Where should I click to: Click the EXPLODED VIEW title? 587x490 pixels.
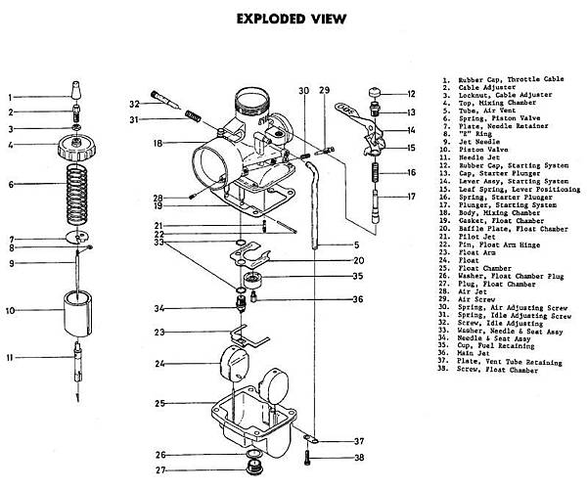click(292, 19)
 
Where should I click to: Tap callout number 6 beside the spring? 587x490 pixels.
click(10, 184)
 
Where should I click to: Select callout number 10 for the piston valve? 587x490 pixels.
click(11, 311)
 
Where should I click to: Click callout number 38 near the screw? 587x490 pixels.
click(359, 458)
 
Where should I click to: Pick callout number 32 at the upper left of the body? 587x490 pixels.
click(135, 104)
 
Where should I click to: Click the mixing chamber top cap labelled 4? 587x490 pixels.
click(76, 149)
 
